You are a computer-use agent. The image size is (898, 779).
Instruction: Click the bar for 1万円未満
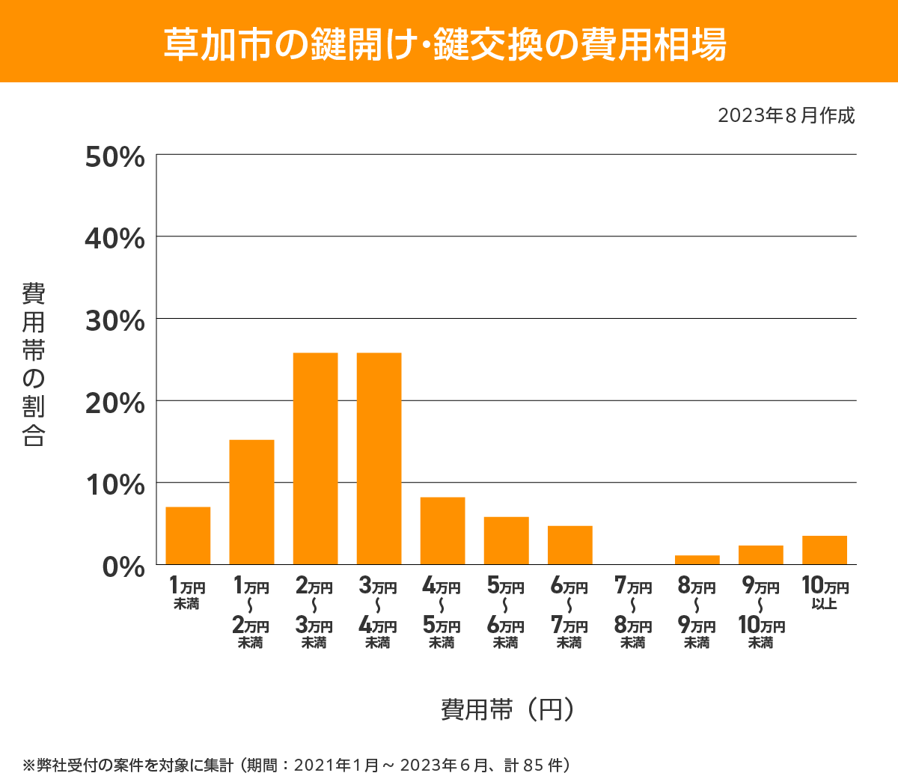(x=188, y=536)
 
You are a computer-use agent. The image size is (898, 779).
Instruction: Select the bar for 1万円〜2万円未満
(x=251, y=502)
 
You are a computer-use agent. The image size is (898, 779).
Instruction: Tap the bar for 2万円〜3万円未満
(x=315, y=459)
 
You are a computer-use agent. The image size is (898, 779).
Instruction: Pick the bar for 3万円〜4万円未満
(x=379, y=459)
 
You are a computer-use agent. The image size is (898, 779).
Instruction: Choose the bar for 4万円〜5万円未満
(x=442, y=531)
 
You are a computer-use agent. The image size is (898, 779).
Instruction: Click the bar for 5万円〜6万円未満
(x=506, y=540)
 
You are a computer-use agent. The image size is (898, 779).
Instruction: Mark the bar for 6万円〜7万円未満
(x=569, y=545)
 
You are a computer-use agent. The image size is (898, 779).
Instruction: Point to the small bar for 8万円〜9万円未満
(x=697, y=560)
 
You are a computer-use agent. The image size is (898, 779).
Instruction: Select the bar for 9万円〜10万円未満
(x=760, y=555)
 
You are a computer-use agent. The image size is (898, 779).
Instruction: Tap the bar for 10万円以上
(x=824, y=550)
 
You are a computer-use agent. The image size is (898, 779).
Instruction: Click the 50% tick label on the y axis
(x=114, y=157)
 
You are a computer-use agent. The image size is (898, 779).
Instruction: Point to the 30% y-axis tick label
(x=114, y=321)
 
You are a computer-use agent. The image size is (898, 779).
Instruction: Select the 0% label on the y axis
(x=123, y=566)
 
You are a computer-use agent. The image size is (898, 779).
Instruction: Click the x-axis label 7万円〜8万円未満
(x=633, y=613)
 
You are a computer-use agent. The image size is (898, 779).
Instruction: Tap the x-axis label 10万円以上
(x=825, y=593)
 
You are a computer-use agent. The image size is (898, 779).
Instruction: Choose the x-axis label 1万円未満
(x=187, y=593)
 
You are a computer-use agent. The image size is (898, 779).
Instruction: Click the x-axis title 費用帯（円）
(x=508, y=709)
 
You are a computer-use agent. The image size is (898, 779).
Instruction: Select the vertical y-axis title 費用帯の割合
(x=34, y=364)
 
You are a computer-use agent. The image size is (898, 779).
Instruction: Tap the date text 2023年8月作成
(x=786, y=115)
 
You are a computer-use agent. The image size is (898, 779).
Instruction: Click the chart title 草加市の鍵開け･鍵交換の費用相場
(x=445, y=43)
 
